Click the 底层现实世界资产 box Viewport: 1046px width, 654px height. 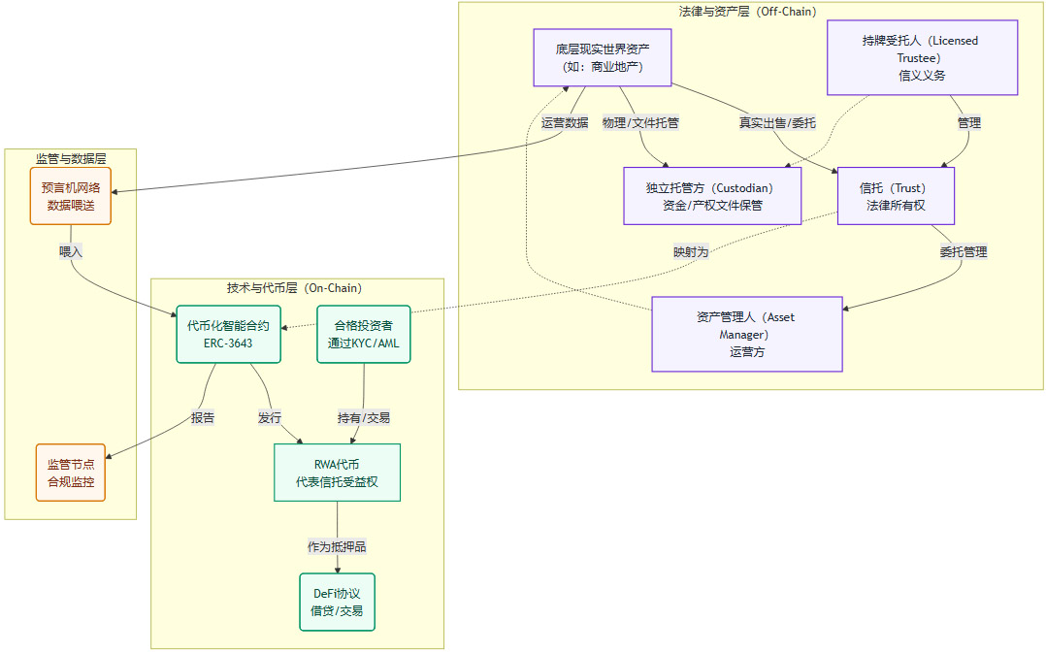(x=603, y=57)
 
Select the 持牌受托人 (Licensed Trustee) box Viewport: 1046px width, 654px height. (x=921, y=57)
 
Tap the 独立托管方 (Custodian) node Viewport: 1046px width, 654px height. (x=712, y=196)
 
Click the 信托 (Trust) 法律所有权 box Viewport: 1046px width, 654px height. (x=896, y=196)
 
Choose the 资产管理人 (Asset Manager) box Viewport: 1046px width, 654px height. (x=746, y=334)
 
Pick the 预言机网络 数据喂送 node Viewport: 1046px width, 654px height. (x=71, y=196)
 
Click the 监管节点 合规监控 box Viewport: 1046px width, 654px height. (x=71, y=473)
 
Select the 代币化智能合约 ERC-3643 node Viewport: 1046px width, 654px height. (x=228, y=334)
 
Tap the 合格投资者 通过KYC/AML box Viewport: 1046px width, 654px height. (x=364, y=334)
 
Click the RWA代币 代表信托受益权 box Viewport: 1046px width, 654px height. (x=337, y=473)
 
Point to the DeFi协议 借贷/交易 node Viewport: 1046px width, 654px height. (x=337, y=602)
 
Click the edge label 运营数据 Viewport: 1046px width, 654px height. (x=565, y=123)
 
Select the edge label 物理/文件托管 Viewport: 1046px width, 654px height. (x=640, y=123)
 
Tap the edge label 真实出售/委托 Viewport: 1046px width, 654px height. (x=777, y=123)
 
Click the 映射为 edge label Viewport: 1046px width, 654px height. (x=691, y=251)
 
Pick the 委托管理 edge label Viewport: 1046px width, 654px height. (x=963, y=251)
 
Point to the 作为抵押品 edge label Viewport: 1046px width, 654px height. (x=337, y=546)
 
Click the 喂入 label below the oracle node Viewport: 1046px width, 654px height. (x=71, y=251)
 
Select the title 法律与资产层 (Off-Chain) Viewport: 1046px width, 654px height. (x=747, y=11)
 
